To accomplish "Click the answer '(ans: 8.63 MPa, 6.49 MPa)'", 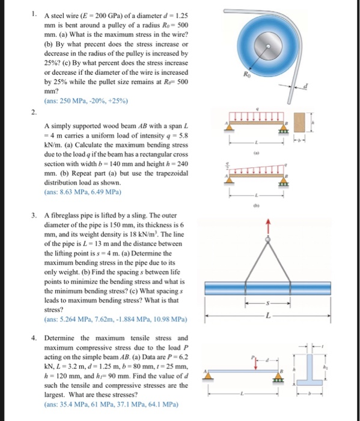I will [81, 192].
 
